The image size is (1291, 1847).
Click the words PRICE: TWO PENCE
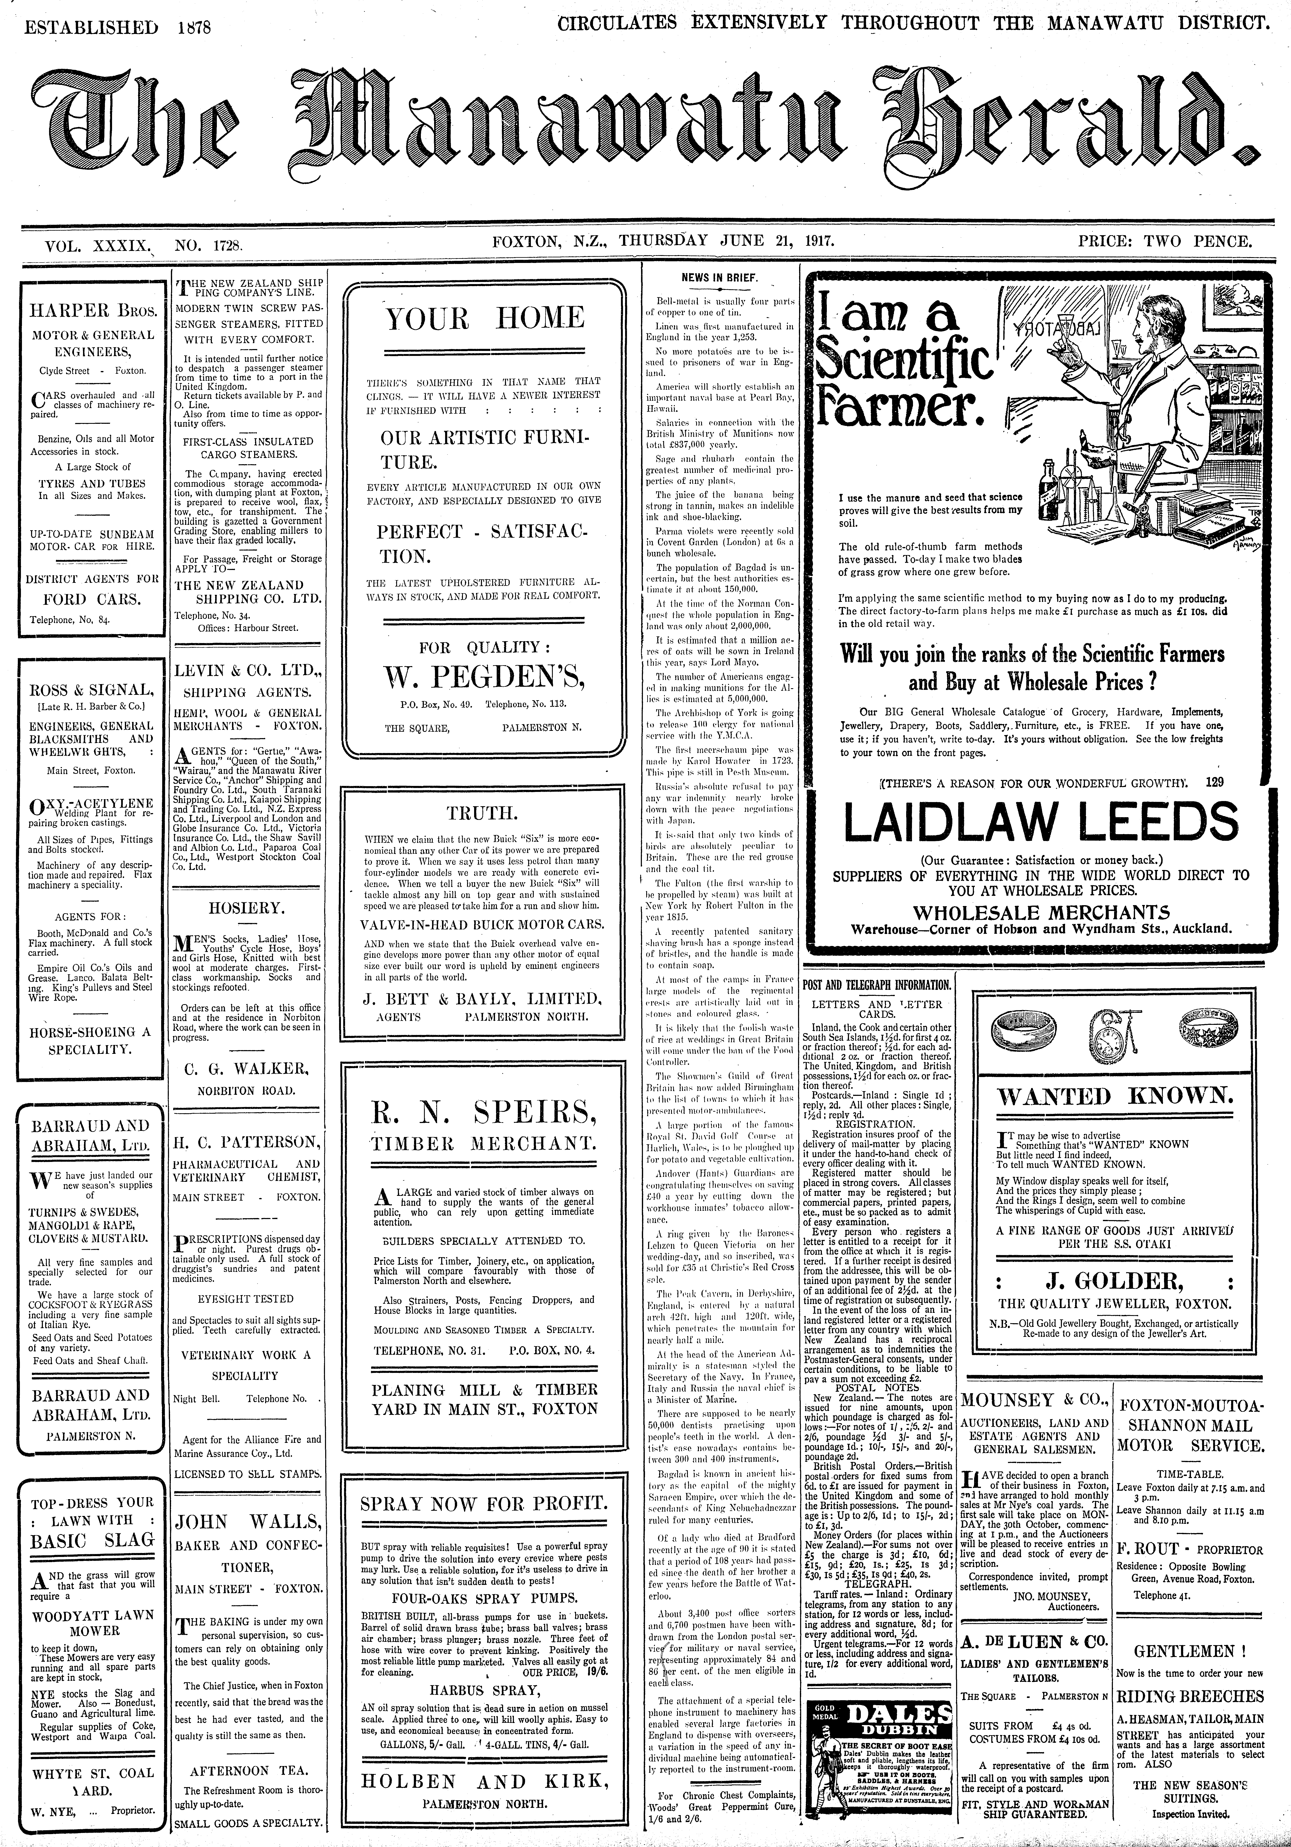tap(1166, 241)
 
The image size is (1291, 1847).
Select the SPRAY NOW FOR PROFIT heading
tap(484, 1504)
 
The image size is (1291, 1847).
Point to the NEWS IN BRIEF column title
tap(720, 277)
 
